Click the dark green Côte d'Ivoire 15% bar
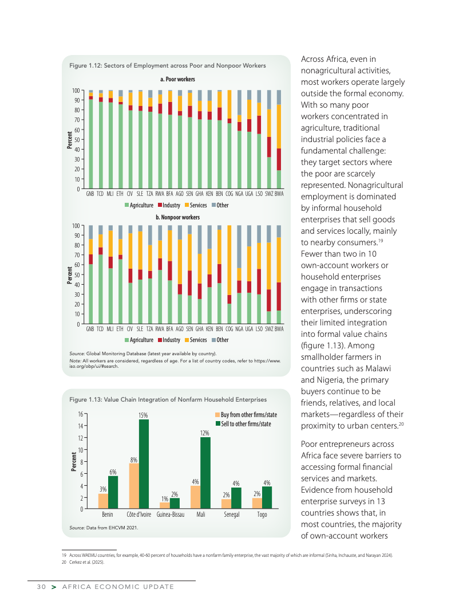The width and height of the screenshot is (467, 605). tap(144, 464)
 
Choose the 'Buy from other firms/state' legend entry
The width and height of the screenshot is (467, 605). tap(246, 414)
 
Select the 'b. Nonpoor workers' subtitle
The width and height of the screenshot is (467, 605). tap(178, 218)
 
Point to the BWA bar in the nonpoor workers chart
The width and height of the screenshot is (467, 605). tap(279, 275)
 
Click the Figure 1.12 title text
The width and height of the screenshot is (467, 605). tap(167, 66)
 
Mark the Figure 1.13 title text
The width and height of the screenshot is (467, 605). tap(168, 399)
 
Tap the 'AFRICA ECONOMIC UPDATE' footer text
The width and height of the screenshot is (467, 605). tap(118, 587)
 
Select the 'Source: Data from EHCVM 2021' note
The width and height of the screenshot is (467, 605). tap(104, 527)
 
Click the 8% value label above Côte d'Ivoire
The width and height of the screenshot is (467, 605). tap(133, 460)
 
